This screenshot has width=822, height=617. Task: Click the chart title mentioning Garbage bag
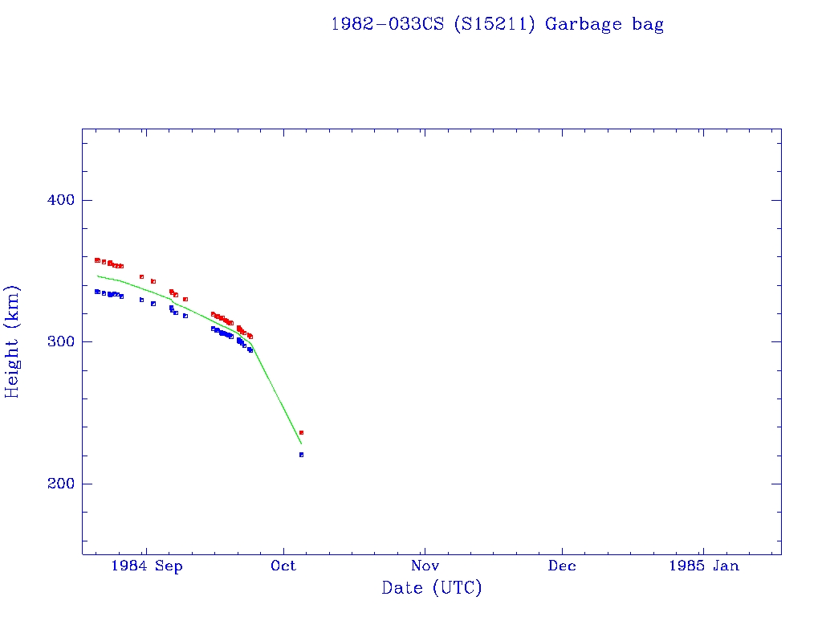coord(497,24)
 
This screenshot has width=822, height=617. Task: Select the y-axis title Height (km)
coord(13,341)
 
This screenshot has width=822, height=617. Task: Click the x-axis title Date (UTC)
coord(431,588)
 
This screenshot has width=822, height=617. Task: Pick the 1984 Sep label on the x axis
coord(147,566)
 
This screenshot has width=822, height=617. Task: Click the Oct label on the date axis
coord(283,566)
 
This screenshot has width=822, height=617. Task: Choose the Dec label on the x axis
coord(562,566)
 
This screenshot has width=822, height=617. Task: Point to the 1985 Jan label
coord(703,566)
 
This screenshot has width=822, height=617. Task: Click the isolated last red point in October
coord(301,432)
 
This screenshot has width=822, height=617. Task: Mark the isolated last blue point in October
coord(301,455)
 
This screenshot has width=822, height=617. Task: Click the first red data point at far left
coord(97,260)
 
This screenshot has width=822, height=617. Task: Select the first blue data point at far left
coord(97,292)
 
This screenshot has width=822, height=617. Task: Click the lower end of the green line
coord(301,443)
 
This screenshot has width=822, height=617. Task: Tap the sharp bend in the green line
coord(251,344)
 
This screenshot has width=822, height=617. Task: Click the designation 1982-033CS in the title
coord(388,24)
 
